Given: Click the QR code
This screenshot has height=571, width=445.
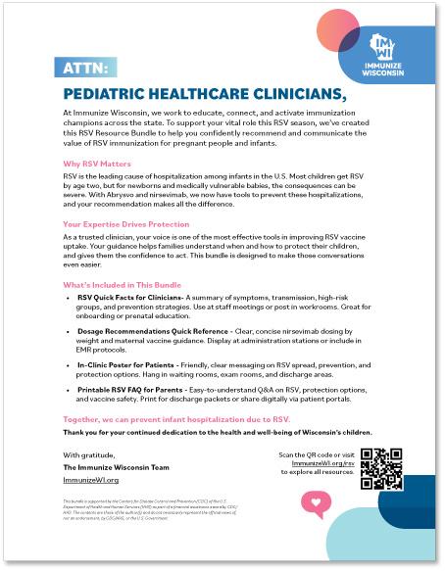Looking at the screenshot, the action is [381, 468].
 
